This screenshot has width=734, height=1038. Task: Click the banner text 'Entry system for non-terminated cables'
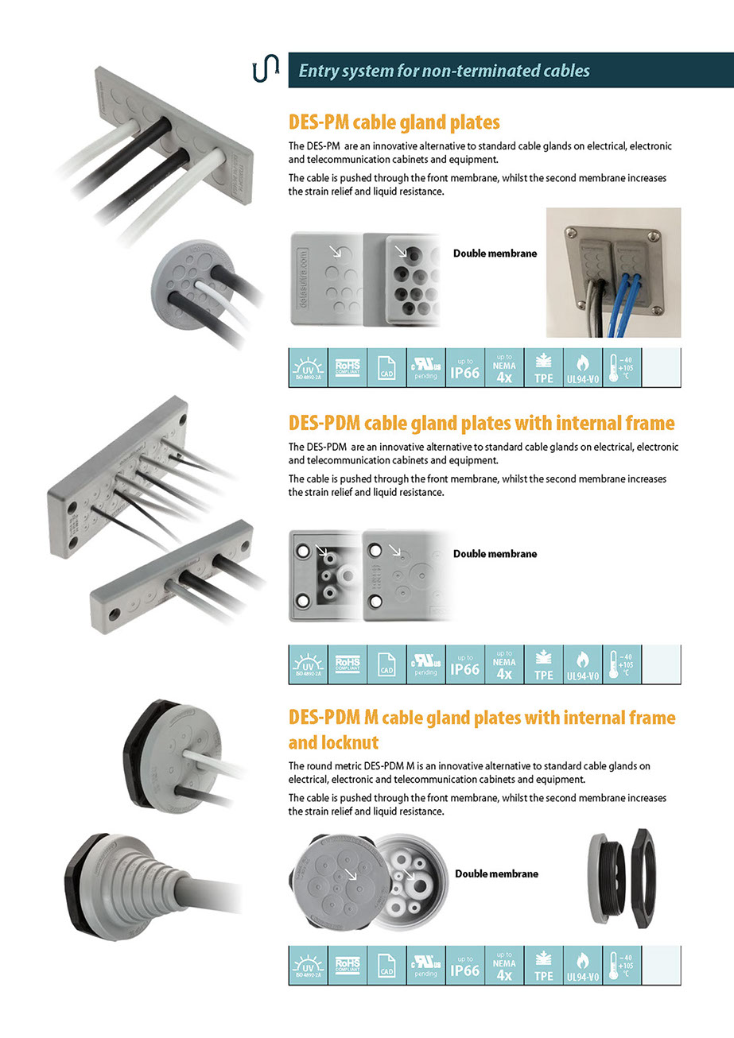pos(444,71)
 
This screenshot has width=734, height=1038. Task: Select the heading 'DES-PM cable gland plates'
pos(394,122)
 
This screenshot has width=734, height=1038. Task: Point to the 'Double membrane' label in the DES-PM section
pos(495,254)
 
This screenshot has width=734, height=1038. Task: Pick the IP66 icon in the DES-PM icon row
pos(465,368)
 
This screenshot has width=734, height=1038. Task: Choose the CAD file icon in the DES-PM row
pos(386,368)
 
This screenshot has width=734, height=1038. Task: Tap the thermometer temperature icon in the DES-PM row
pos(621,368)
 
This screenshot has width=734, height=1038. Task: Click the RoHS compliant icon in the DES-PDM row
pos(348,664)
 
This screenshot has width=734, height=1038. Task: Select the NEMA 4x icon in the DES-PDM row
pos(504,664)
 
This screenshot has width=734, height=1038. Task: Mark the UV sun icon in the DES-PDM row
pos(308,664)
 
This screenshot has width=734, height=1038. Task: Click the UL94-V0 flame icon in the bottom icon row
pos(583,966)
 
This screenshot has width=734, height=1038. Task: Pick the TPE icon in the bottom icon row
pos(544,966)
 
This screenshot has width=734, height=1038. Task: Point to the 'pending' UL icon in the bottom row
pos(426,966)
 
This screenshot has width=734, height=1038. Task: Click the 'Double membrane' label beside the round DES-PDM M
pos(496,873)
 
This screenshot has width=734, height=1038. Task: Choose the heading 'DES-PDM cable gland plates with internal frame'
pos(481,423)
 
